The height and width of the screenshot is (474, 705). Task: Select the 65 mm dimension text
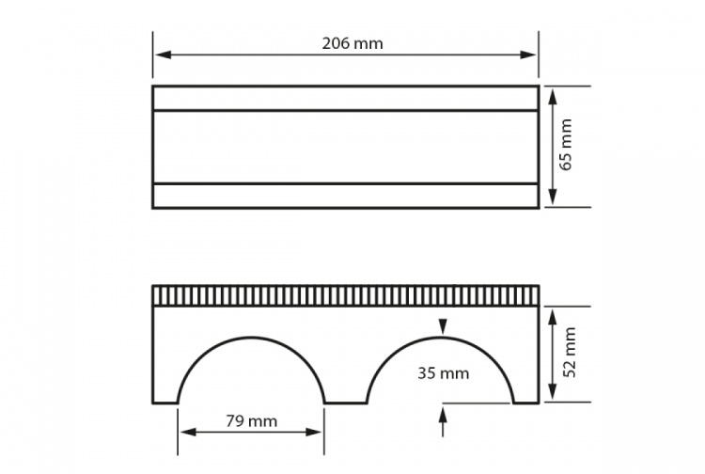tap(566, 148)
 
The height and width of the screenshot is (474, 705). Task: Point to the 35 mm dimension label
tap(443, 373)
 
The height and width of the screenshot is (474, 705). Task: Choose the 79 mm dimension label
tap(252, 421)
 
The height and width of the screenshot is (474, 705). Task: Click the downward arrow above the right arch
tap(442, 327)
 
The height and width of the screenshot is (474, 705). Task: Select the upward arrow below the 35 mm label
tap(442, 413)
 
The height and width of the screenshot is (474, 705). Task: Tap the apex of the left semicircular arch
tap(251, 336)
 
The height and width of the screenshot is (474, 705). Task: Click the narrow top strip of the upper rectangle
tap(345, 99)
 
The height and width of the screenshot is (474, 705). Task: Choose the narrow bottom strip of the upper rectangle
tap(345, 196)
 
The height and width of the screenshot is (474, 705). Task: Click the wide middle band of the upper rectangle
tap(345, 147)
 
